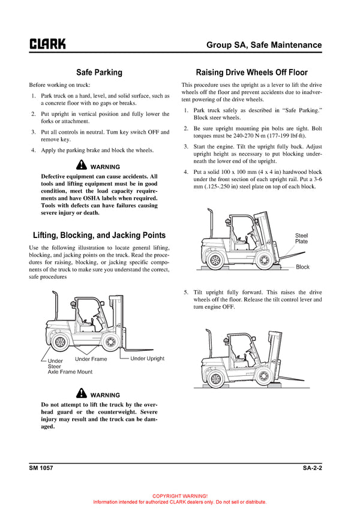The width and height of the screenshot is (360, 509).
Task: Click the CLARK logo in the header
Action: [47, 44]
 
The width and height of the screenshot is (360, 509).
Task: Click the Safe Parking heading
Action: [99, 73]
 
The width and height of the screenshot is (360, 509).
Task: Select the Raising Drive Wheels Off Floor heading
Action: [252, 73]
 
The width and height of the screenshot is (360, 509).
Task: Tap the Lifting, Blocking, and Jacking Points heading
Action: [99, 235]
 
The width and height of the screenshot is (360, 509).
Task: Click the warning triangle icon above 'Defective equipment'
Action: [82, 166]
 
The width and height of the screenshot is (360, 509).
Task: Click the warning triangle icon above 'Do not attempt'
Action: [82, 394]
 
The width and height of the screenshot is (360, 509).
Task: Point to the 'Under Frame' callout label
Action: [91, 359]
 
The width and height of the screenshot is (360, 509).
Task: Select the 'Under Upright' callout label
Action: [147, 359]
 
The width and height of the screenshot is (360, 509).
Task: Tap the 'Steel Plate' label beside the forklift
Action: [301, 238]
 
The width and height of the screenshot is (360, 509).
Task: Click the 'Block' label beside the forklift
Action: [303, 267]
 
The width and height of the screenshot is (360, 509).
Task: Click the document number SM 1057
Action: [41, 467]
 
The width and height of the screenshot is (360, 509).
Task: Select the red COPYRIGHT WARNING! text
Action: [180, 496]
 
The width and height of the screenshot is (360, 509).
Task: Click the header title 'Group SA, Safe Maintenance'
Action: [264, 45]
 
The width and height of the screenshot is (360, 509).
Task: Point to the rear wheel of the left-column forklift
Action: [59, 342]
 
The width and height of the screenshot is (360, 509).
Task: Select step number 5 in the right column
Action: [186, 292]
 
